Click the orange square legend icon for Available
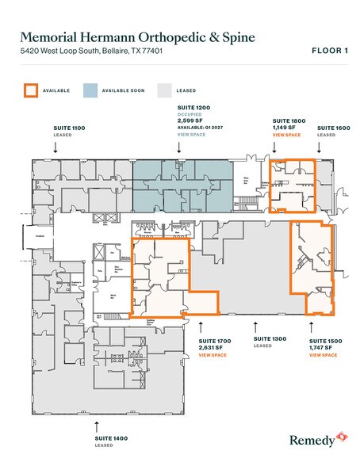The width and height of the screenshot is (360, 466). (x=30, y=90)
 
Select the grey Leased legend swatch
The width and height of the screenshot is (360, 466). (x=164, y=90)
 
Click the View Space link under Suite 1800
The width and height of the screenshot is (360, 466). (x=286, y=136)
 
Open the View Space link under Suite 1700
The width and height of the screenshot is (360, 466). (x=213, y=355)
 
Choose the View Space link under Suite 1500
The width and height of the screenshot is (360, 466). (x=324, y=355)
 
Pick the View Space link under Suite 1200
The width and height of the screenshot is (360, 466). (x=190, y=136)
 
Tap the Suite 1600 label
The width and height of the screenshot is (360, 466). (x=332, y=127)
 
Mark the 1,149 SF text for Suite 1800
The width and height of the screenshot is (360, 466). (x=284, y=127)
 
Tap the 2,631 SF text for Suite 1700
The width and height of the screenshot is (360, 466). (x=213, y=347)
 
